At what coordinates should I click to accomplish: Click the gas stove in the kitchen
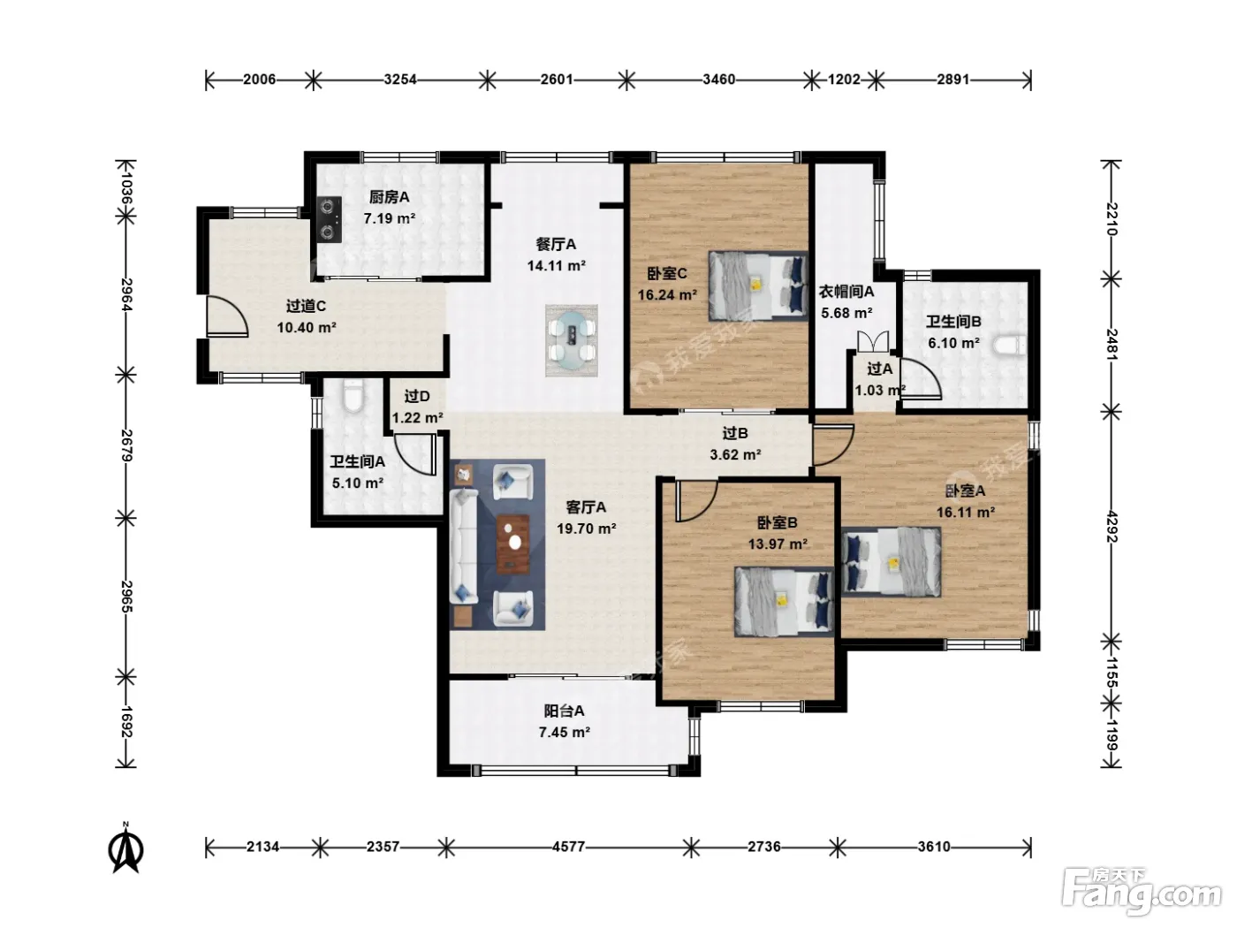(x=329, y=219)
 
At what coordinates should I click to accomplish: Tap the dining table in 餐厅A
(x=573, y=339)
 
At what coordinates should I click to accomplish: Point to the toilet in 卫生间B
(x=1008, y=345)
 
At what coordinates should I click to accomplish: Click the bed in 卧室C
(x=757, y=285)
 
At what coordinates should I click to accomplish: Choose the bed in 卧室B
(x=784, y=601)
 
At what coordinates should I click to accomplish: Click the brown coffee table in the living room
(x=513, y=544)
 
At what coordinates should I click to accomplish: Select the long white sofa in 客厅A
(x=464, y=546)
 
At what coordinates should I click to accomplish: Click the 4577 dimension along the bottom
(x=568, y=847)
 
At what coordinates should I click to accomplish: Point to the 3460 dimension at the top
(x=718, y=80)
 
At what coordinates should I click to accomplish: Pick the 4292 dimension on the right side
(x=1112, y=526)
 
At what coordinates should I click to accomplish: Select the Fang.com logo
(x=1142, y=892)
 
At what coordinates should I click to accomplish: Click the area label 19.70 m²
(x=586, y=529)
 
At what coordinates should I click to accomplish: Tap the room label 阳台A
(x=564, y=711)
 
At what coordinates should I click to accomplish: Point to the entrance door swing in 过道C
(x=226, y=316)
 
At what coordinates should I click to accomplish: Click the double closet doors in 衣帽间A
(x=873, y=341)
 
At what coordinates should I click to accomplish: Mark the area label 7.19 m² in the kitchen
(x=390, y=218)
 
